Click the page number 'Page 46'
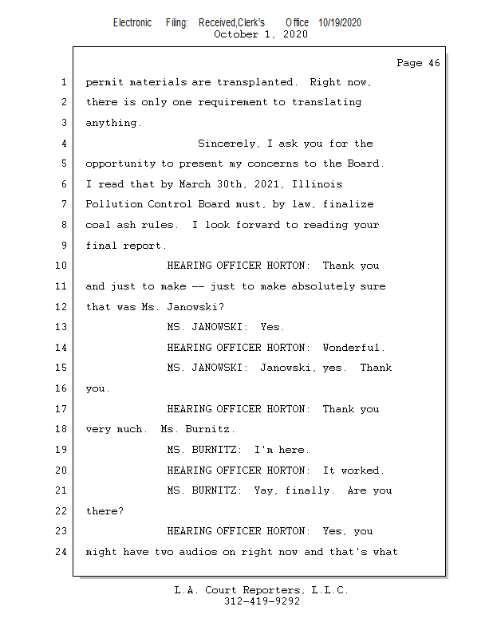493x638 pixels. tap(418, 63)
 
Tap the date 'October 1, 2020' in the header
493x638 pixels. tap(261, 34)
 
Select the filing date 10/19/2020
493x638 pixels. tap(339, 22)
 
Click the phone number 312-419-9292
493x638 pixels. tap(262, 601)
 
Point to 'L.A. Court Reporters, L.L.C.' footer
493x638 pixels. tap(262, 590)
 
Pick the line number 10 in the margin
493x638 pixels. tap(61, 266)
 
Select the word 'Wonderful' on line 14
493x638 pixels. tap(353, 348)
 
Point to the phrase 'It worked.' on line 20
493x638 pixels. tap(353, 471)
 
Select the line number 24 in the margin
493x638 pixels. tap(61, 552)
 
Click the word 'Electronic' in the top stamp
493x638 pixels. tap(132, 22)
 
